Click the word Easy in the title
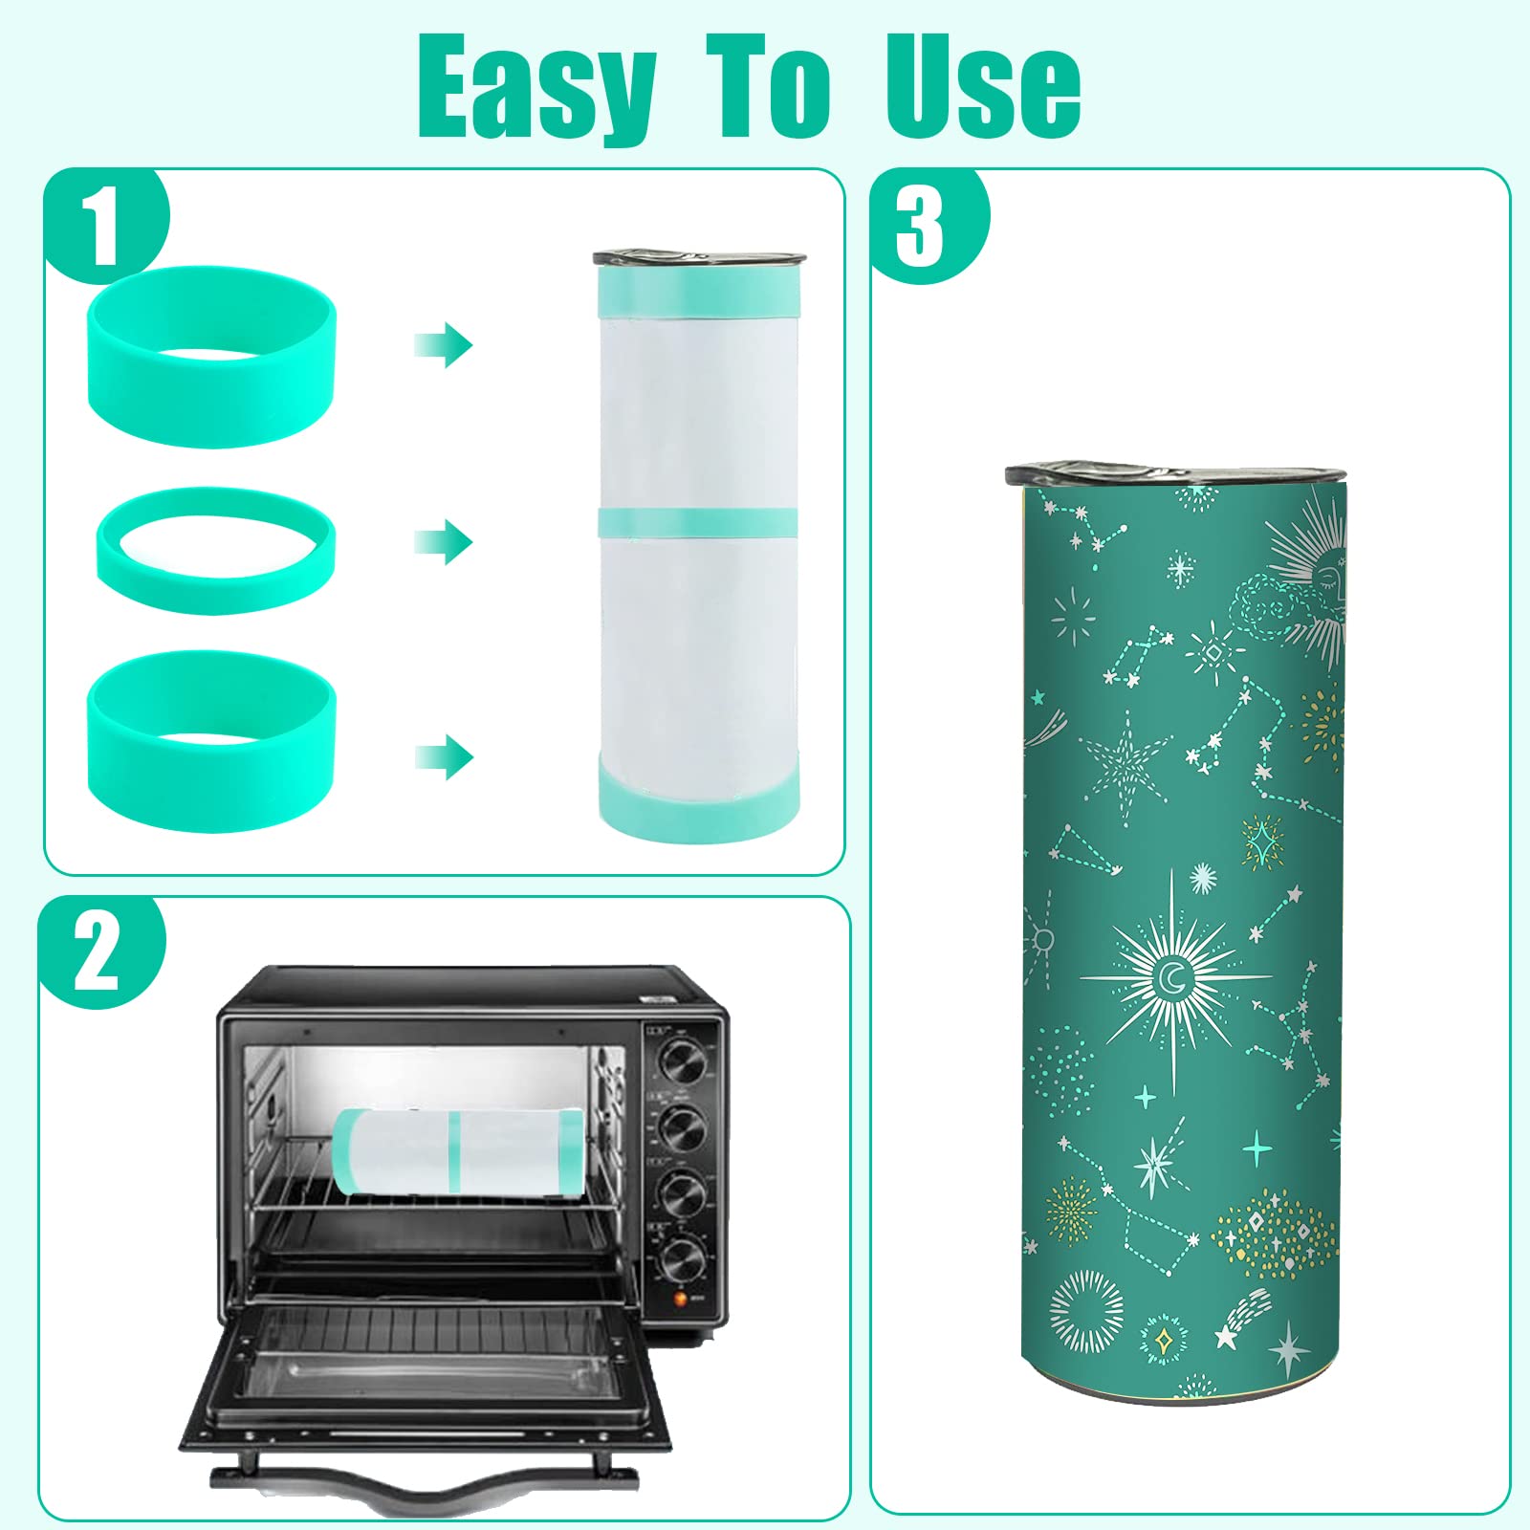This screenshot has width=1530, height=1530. (x=536, y=88)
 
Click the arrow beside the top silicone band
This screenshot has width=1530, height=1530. (x=445, y=344)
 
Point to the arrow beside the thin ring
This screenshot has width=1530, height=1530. (x=445, y=542)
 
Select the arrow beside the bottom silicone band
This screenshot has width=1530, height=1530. (x=445, y=757)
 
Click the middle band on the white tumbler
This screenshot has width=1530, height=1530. (x=697, y=521)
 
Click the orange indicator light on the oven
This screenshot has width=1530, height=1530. (x=680, y=1299)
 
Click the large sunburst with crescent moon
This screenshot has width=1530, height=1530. (x=1172, y=977)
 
